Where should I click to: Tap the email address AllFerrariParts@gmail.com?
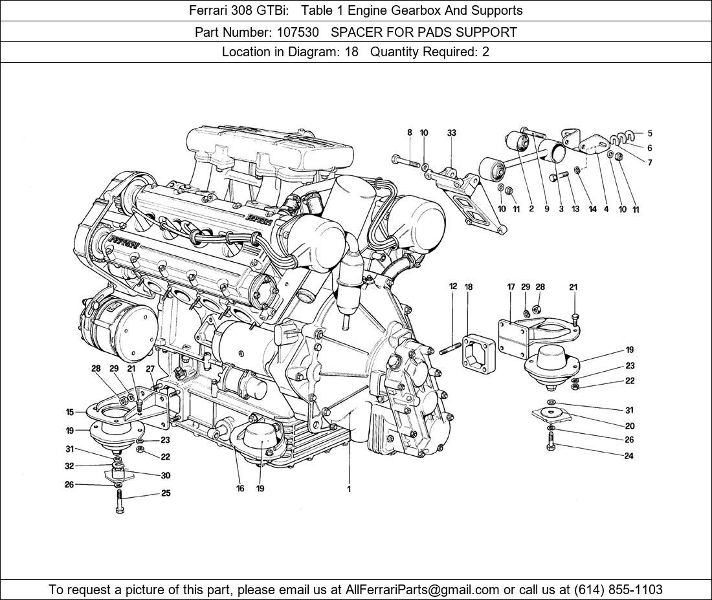423,589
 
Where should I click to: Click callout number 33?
451,133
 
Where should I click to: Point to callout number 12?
453,286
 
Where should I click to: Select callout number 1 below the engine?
348,489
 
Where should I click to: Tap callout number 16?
240,489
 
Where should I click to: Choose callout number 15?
70,412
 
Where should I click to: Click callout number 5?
650,134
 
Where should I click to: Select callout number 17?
511,287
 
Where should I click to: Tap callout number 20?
630,426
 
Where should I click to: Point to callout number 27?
150,369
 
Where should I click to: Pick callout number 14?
592,209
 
